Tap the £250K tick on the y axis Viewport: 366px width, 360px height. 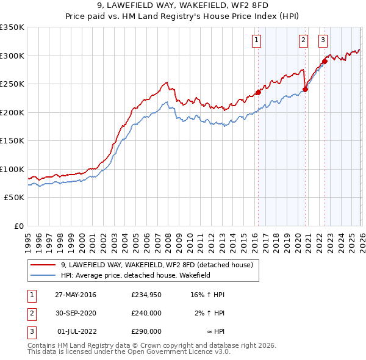click(x=12, y=84)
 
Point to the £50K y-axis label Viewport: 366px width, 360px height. click(x=14, y=198)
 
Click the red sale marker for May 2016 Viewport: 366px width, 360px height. click(x=258, y=92)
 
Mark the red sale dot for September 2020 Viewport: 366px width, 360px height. click(x=306, y=89)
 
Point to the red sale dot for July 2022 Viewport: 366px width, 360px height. click(x=325, y=61)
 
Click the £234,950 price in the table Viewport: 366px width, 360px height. click(x=146, y=295)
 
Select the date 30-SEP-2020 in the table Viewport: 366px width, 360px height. click(x=76, y=313)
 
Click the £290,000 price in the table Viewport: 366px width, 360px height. click(x=146, y=331)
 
